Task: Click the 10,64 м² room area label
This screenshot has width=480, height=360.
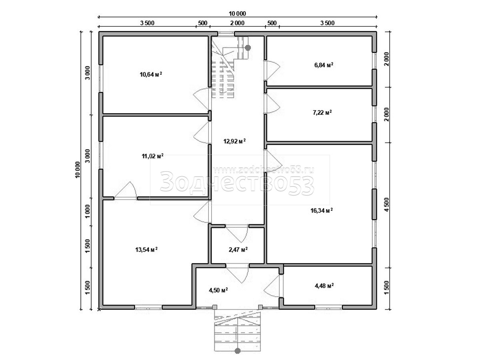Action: click(x=151, y=74)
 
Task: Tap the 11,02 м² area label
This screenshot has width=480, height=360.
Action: click(x=153, y=156)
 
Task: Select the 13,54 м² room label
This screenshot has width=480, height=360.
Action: click(x=146, y=249)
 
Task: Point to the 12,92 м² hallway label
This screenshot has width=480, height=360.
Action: click(x=234, y=141)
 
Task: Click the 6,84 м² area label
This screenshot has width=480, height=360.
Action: click(x=324, y=65)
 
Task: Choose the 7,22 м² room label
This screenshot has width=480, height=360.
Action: click(x=322, y=112)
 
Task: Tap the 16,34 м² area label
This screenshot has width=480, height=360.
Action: click(x=322, y=210)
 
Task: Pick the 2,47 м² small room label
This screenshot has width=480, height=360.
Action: click(x=238, y=249)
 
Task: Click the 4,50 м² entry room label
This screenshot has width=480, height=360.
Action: click(x=218, y=290)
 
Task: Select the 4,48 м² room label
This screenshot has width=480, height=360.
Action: click(x=324, y=286)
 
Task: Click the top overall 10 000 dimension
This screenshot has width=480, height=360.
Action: click(x=237, y=14)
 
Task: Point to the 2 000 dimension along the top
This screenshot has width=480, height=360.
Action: click(x=237, y=23)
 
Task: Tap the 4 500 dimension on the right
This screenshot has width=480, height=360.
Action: click(x=387, y=204)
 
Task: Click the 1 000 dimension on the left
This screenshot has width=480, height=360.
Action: click(x=88, y=211)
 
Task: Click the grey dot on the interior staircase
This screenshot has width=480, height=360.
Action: click(x=248, y=48)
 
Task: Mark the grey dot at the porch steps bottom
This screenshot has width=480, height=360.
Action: click(x=238, y=351)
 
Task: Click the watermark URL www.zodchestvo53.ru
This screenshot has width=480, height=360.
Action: click(x=264, y=170)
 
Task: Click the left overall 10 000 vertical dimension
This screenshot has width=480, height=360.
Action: click(x=78, y=170)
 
